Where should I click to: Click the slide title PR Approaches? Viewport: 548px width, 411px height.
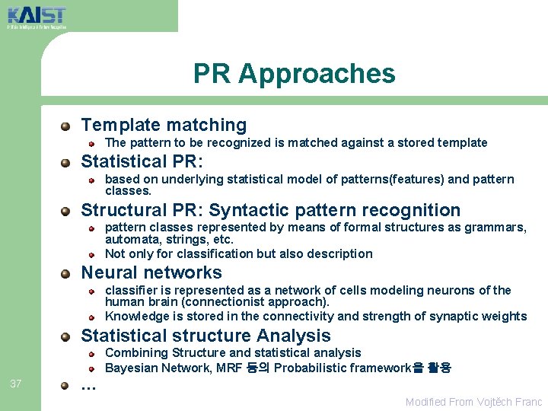(x=294, y=74)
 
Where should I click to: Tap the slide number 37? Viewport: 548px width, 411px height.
(x=16, y=384)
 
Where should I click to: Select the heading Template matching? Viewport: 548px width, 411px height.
(x=164, y=125)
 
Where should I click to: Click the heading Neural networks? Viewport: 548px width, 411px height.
(x=151, y=272)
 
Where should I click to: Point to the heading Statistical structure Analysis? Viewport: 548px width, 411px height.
(x=205, y=336)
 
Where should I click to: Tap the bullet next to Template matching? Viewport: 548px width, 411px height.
(x=67, y=126)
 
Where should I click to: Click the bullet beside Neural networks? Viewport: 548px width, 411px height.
(x=67, y=273)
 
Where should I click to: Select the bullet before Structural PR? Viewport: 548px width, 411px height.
(x=67, y=211)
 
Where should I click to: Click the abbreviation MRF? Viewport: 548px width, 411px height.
(x=233, y=368)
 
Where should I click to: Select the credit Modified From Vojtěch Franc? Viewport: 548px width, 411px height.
(x=473, y=402)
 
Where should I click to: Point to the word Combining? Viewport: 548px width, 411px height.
(x=136, y=353)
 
